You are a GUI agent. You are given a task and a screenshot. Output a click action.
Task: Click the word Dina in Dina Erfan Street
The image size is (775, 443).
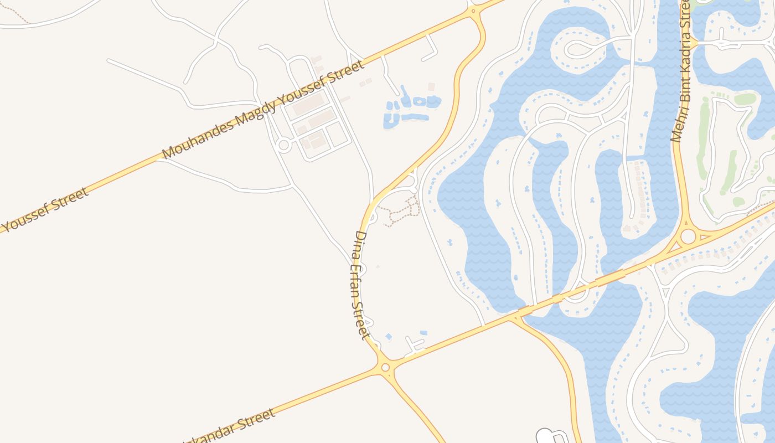click(361, 243)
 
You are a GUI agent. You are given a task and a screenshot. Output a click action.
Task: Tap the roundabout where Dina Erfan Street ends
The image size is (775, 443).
click(385, 367)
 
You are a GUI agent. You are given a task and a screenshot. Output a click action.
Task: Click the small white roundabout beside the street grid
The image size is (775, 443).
click(283, 146)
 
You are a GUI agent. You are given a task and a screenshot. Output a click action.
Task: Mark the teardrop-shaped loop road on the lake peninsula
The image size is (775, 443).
click(581, 49)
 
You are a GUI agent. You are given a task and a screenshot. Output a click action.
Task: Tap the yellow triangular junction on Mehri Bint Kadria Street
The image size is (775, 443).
click(692, 42)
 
